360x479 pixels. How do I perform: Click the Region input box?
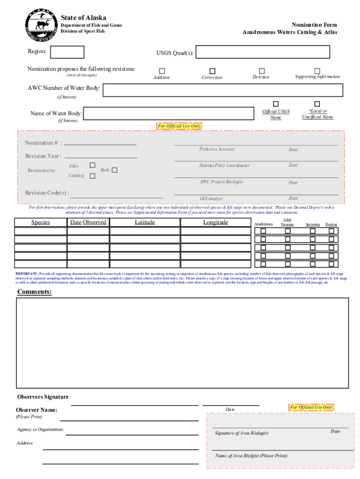[70, 52]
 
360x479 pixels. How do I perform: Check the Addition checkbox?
[162, 71]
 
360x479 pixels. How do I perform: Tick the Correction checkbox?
[212, 71]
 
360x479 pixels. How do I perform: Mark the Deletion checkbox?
[262, 70]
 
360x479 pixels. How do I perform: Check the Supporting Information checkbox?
[317, 70]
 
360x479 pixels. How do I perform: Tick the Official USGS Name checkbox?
[276, 104]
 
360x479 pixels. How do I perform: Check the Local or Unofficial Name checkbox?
[317, 104]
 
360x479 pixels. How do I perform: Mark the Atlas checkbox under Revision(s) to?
[93, 165]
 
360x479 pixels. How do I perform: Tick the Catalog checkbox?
[93, 175]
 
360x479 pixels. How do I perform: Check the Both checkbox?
[115, 170]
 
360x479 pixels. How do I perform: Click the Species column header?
[41, 222]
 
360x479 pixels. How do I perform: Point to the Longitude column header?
[216, 222]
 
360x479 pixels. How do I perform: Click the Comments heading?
[35, 292]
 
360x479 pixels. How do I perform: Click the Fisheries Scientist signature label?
[216, 149]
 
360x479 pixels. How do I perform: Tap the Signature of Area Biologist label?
[241, 433]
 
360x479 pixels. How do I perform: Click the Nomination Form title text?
[314, 25]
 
